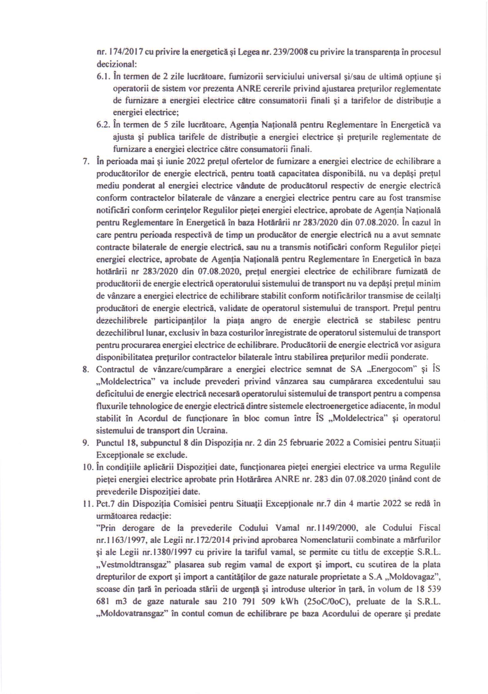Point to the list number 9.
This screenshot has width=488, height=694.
(85, 443)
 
